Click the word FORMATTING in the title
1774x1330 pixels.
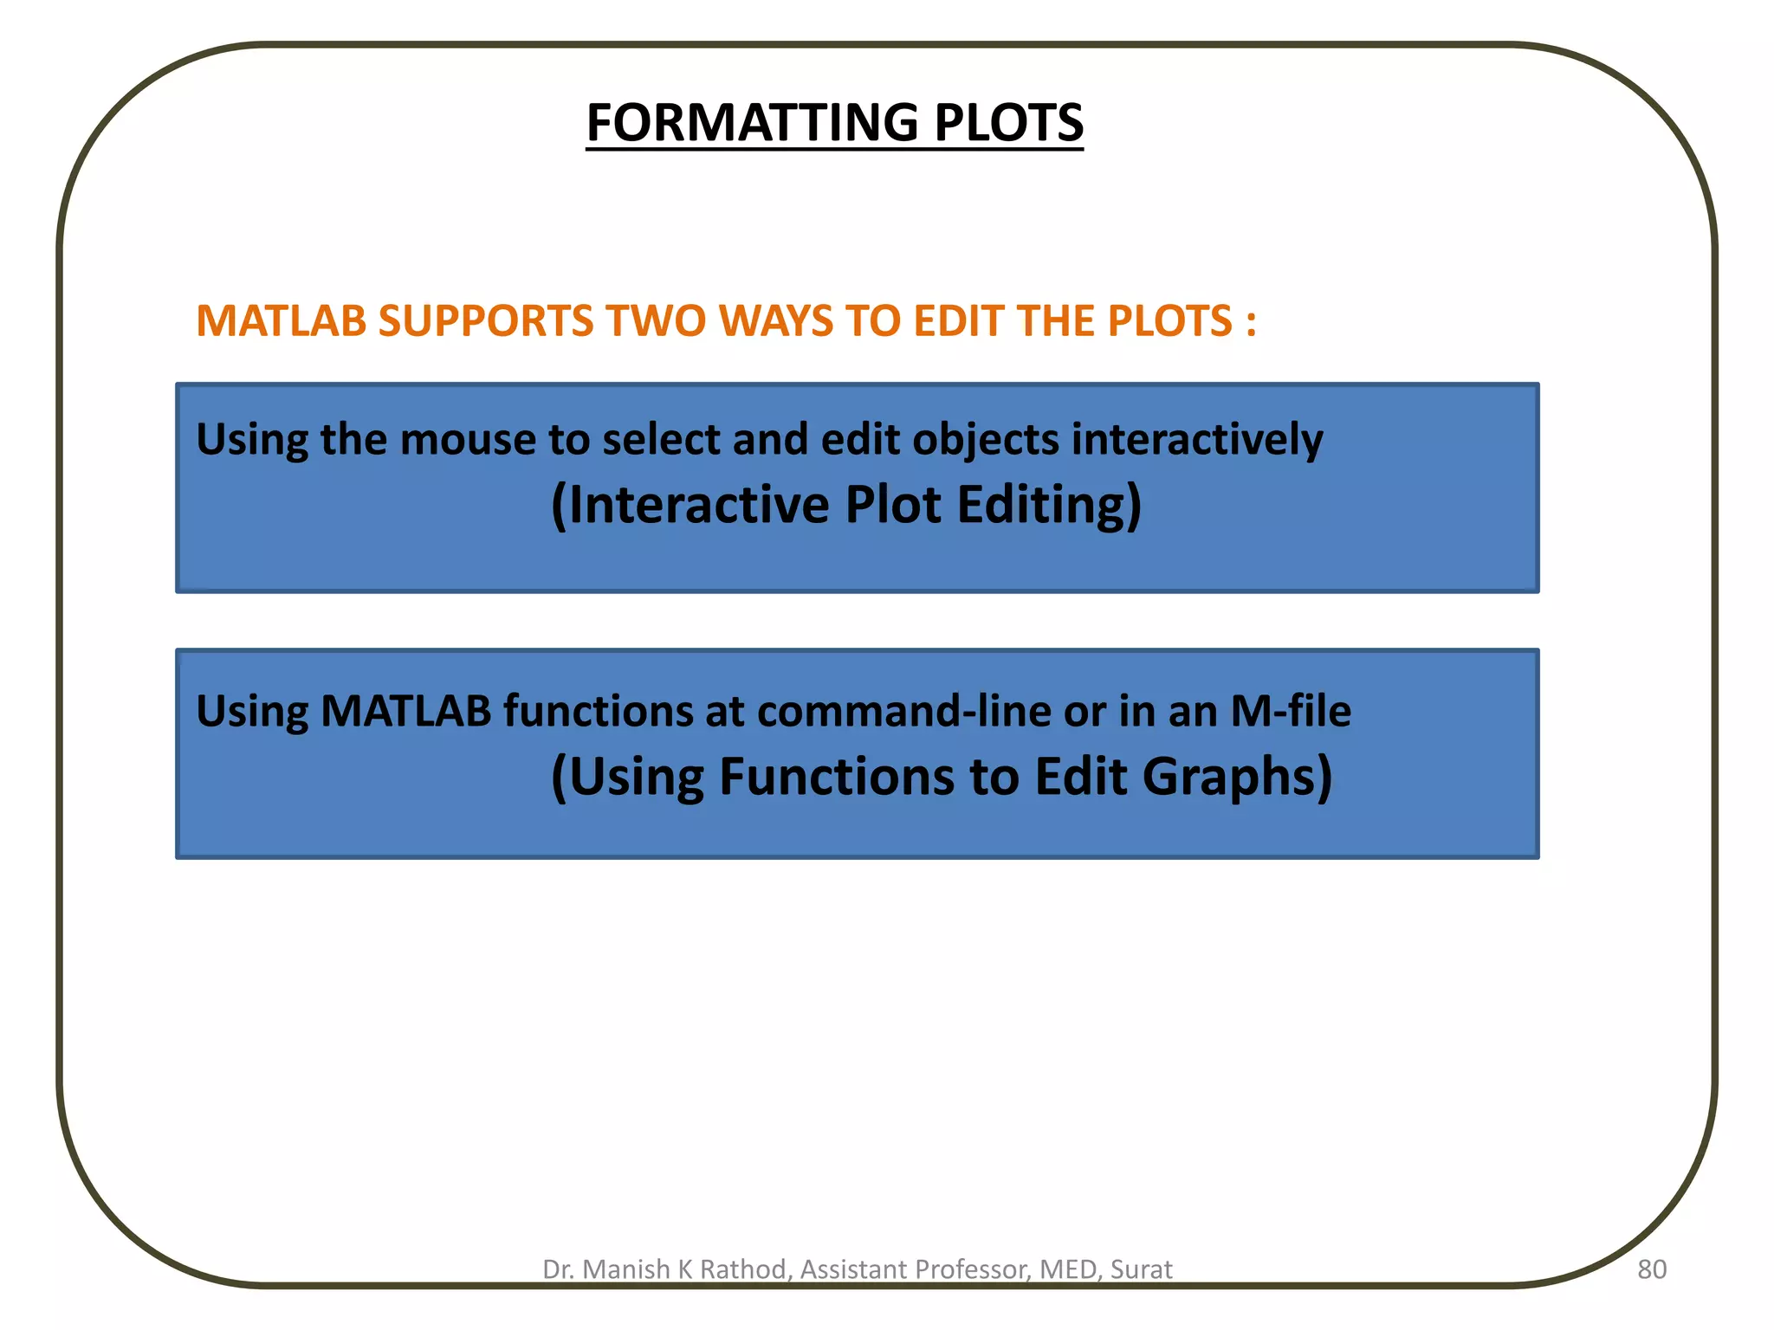click(x=752, y=123)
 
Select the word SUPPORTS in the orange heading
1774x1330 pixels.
click(x=486, y=321)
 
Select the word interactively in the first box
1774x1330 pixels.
click(x=1197, y=440)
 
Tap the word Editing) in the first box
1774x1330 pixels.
click(x=1050, y=507)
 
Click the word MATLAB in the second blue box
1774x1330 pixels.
click(x=405, y=712)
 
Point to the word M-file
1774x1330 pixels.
click(x=1290, y=712)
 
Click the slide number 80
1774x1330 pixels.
click(x=1651, y=1269)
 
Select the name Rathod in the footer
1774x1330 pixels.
click(x=744, y=1269)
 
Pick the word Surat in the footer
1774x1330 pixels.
click(x=1141, y=1269)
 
